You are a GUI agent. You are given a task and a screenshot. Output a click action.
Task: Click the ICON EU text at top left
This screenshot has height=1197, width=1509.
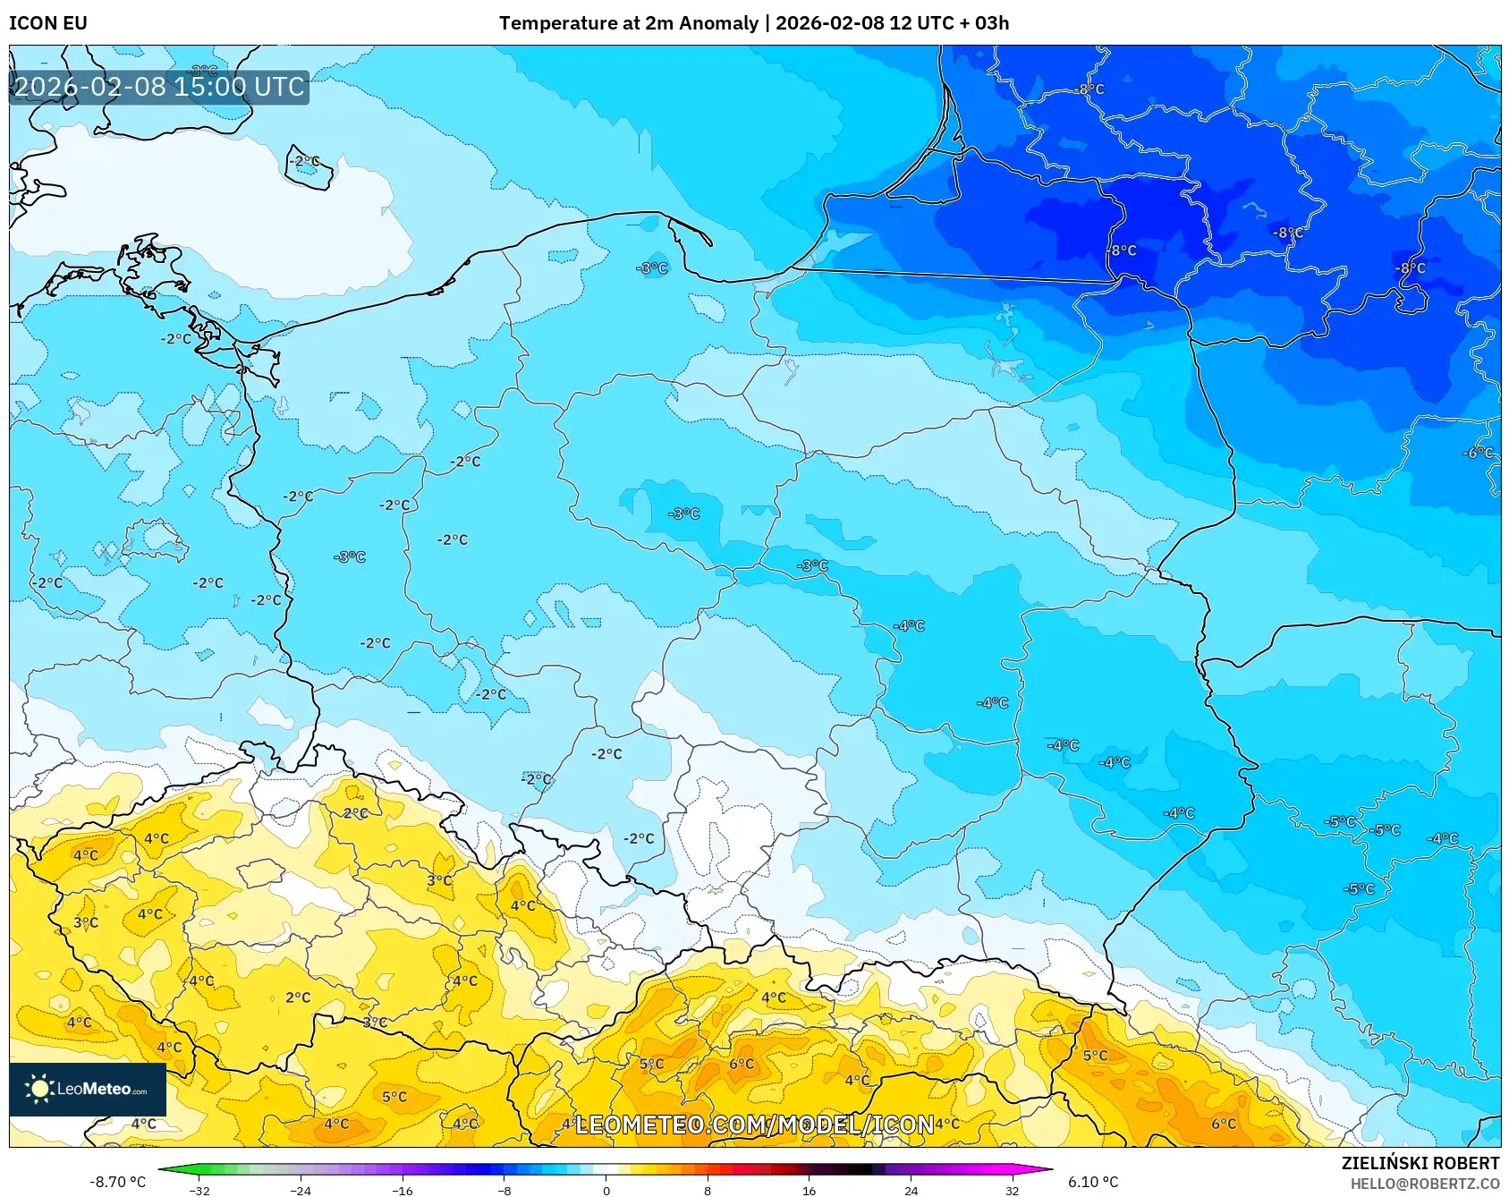click(x=48, y=23)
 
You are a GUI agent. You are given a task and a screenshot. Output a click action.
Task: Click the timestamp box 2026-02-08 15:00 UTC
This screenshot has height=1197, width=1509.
click(x=159, y=87)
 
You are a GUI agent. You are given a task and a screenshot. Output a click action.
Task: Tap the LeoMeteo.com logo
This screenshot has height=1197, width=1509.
click(x=88, y=1089)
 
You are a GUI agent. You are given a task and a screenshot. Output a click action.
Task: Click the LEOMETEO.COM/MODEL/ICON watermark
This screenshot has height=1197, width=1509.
click(x=754, y=1125)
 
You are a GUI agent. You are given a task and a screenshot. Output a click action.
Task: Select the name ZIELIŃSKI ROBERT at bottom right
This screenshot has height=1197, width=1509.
click(x=1420, y=1163)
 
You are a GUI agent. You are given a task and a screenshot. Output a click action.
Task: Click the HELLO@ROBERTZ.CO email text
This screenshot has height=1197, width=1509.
click(x=1424, y=1184)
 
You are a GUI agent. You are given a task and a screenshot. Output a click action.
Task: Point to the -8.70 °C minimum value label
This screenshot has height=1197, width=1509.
click(x=117, y=1182)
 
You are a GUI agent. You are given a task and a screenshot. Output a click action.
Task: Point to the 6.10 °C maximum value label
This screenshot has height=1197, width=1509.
click(x=1093, y=1182)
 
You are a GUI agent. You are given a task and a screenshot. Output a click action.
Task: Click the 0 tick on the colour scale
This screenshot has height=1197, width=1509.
click(x=606, y=1190)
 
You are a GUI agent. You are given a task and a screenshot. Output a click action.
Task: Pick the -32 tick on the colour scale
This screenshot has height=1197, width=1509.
click(x=199, y=1190)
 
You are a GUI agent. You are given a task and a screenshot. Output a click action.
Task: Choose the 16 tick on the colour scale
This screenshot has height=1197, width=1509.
click(x=809, y=1190)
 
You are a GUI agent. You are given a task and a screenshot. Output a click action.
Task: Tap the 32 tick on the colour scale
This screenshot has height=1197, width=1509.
click(x=1012, y=1190)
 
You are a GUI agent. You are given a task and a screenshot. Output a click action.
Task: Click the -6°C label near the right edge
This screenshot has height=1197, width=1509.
click(x=1478, y=453)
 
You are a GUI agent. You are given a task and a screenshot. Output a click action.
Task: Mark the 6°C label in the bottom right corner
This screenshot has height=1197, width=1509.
click(x=1223, y=1124)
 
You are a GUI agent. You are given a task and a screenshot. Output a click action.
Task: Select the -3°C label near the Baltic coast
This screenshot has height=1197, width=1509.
click(x=652, y=267)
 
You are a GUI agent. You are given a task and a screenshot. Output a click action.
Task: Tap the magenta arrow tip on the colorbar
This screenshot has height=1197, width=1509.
click(x=1047, y=1169)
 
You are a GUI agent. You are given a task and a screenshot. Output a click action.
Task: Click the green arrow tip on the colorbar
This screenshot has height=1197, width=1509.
click(x=164, y=1169)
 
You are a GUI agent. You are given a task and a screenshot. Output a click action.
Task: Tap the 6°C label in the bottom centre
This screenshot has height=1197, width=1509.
click(x=742, y=1064)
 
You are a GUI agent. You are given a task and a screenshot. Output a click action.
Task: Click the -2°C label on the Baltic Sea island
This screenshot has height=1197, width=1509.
click(x=304, y=162)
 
